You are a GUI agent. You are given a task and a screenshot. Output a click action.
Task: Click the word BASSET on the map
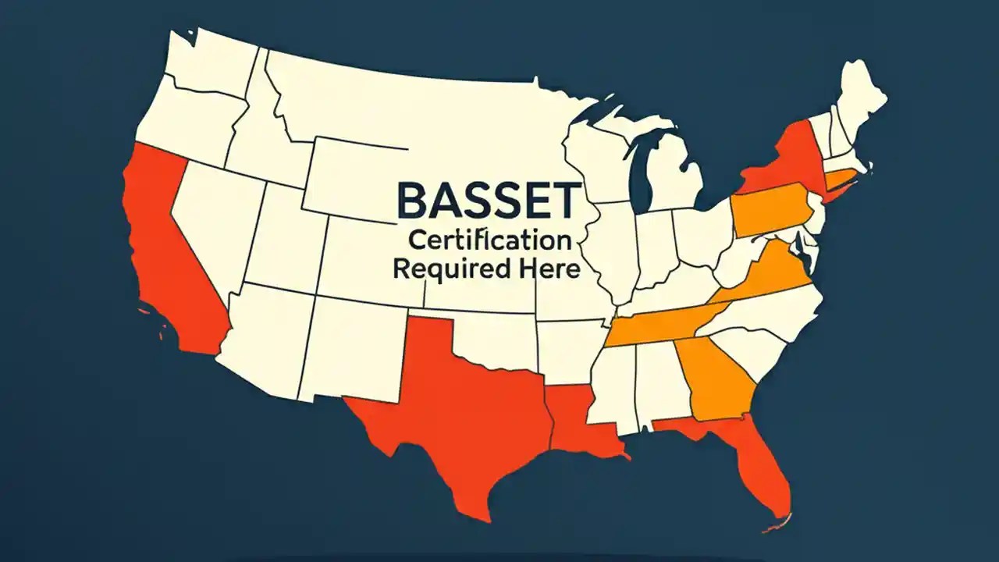pyautogui.click(x=489, y=200)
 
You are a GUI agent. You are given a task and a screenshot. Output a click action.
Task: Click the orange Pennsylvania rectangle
pyautogui.click(x=769, y=209)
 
